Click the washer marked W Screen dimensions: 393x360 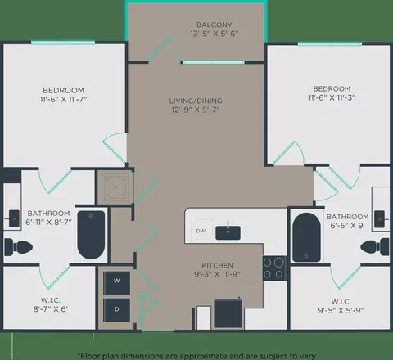pos(116,283)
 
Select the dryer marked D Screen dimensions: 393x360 pos(116,310)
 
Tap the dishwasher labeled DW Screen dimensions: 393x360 pos(201,231)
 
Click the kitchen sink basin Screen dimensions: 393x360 pos(228,232)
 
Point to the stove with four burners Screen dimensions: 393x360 pos(274,268)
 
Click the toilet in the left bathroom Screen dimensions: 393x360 pos(19,247)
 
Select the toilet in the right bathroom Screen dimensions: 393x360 pos(375,247)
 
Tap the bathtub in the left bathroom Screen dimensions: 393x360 pos(91,235)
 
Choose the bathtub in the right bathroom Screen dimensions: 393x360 pos(306,237)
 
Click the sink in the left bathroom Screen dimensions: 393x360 pos(14,218)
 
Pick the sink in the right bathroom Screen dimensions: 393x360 pos(379,219)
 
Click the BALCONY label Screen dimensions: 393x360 pos(215,25)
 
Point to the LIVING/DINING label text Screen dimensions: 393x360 pos(196,101)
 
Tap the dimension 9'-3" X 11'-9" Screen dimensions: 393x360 pos(218,274)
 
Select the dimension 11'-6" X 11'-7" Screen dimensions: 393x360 pos(63,99)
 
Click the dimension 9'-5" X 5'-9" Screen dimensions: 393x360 pos(341,310)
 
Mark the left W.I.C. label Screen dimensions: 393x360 pos(51,300)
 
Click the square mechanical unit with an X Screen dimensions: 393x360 pos(115,187)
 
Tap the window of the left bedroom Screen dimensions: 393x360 pos(63,43)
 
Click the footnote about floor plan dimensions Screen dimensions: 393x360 pos(197,356)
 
